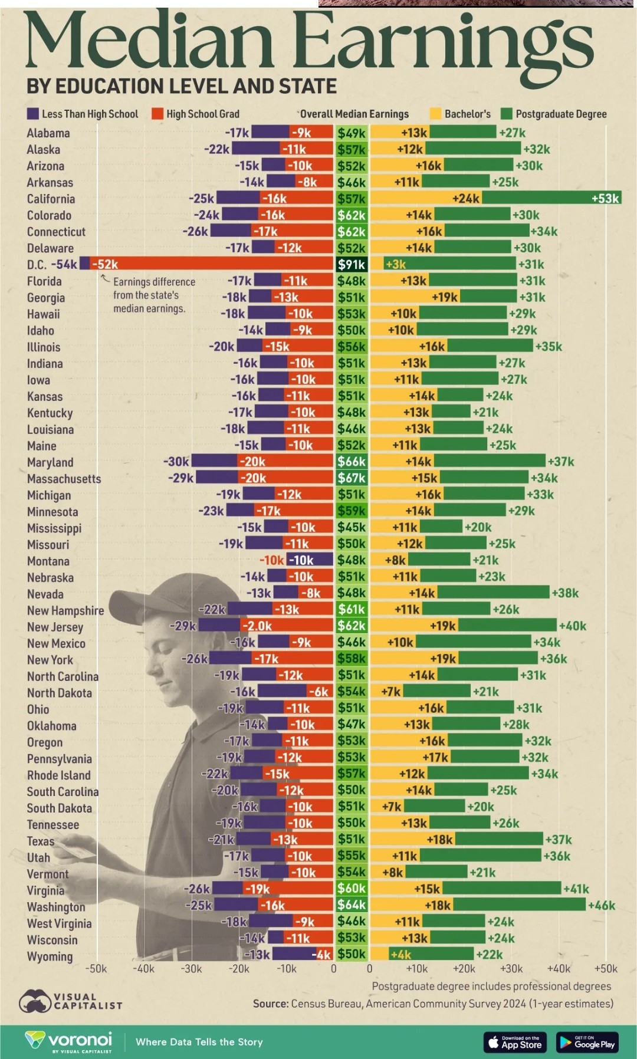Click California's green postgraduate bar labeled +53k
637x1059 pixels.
click(551, 199)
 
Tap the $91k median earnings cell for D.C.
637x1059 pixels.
click(351, 265)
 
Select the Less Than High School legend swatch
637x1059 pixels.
click(33, 114)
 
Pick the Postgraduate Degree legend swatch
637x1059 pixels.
click(506, 114)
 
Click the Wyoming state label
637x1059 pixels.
click(50, 956)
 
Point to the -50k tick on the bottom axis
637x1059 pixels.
click(96, 968)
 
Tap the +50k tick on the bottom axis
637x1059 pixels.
click(606, 968)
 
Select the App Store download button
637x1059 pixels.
click(515, 1042)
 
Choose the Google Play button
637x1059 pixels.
click(587, 1042)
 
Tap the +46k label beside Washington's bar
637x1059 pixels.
click(602, 905)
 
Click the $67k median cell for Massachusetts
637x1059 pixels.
click(351, 478)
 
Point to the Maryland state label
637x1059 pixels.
click(50, 462)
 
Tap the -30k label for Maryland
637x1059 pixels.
click(176, 462)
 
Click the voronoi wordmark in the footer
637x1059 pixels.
click(79, 1039)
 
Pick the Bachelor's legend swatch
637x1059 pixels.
click(435, 114)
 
